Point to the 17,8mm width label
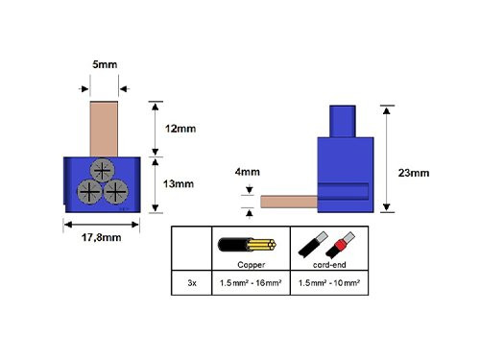(100, 237)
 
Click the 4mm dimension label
(247, 173)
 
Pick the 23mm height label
(413, 172)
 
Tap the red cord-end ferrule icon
(341, 242)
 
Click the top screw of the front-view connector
(100, 172)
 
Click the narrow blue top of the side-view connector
(342, 120)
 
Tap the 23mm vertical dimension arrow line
(386, 158)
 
